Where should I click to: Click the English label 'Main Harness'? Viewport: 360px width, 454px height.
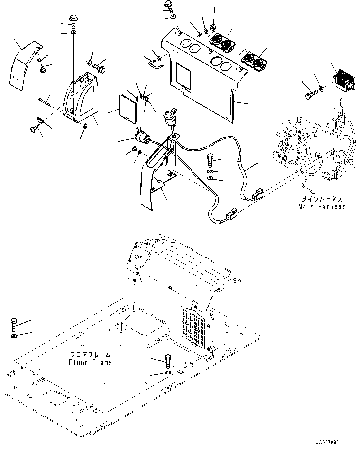(x=322, y=207)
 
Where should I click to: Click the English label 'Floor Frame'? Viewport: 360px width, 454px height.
(x=90, y=362)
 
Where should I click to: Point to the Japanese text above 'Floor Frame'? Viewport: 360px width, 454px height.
(x=90, y=355)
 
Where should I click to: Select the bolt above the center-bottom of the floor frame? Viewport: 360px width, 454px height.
(x=167, y=360)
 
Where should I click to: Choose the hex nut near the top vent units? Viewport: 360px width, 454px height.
(x=213, y=27)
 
